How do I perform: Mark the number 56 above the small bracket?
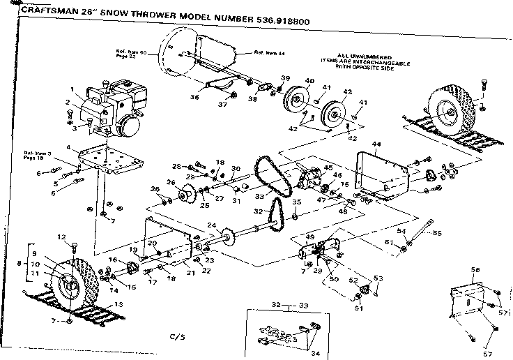tap(475, 269)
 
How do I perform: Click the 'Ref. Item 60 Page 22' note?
tap(130, 54)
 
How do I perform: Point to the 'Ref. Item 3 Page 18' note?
tap(38, 156)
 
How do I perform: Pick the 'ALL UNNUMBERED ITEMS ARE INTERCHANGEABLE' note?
tap(364, 61)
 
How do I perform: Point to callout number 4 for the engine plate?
tap(68, 147)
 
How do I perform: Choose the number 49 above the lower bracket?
tap(311, 237)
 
